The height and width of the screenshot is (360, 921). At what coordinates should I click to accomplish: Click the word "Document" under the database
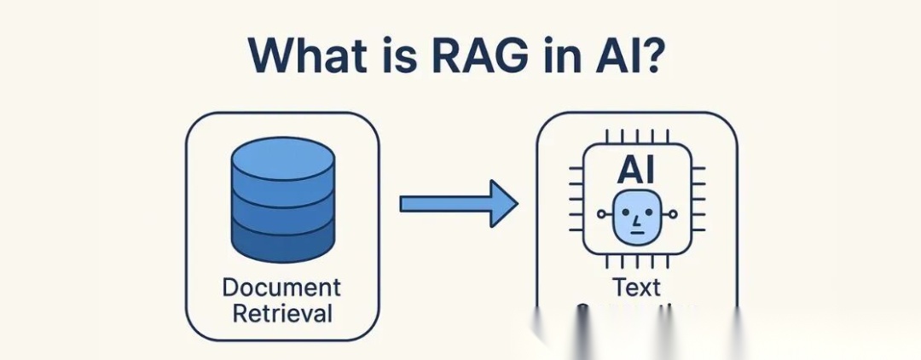pyautogui.click(x=282, y=288)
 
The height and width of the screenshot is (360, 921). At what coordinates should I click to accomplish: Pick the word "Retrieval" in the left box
pyautogui.click(x=282, y=314)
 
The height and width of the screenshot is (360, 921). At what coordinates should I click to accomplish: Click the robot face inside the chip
pyautogui.click(x=636, y=217)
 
